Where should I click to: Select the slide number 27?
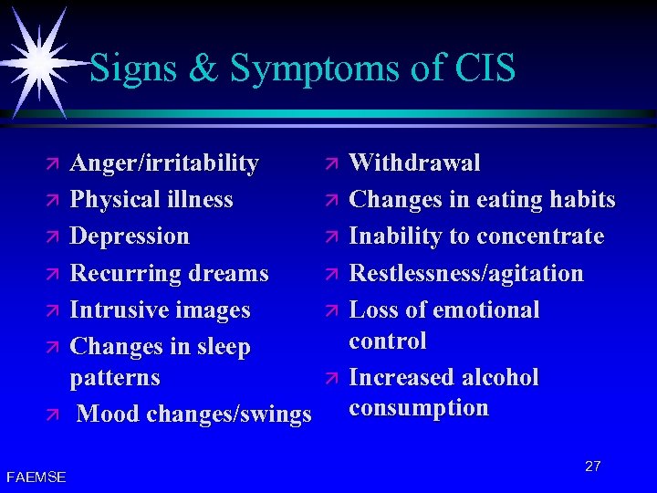592,467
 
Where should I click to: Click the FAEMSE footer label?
36,477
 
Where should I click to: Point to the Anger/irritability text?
164,163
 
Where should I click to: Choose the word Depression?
130,236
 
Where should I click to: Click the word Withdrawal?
414,163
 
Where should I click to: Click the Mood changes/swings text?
194,414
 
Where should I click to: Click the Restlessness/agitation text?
466,273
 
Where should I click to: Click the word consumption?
418,408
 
